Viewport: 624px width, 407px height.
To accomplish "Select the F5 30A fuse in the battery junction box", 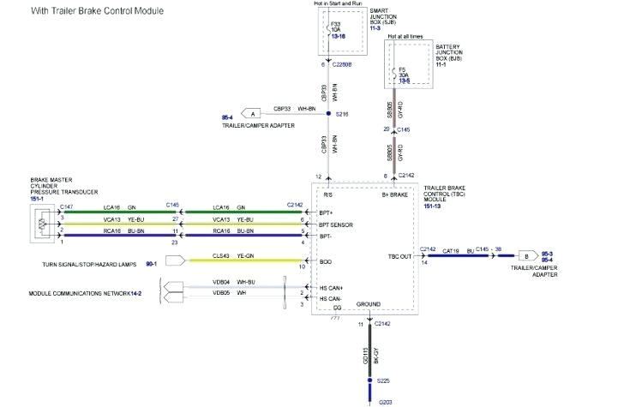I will tap(403, 74).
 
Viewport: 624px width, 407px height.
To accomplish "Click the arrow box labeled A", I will tap(251, 113).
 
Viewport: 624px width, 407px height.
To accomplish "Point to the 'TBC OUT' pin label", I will tap(399, 256).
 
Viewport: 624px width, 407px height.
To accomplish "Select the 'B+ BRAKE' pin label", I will tap(397, 195).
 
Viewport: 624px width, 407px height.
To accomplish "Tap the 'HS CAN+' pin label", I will tap(331, 287).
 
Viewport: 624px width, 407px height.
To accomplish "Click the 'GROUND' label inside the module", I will tap(368, 304).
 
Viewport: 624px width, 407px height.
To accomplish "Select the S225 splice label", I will tap(384, 380).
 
